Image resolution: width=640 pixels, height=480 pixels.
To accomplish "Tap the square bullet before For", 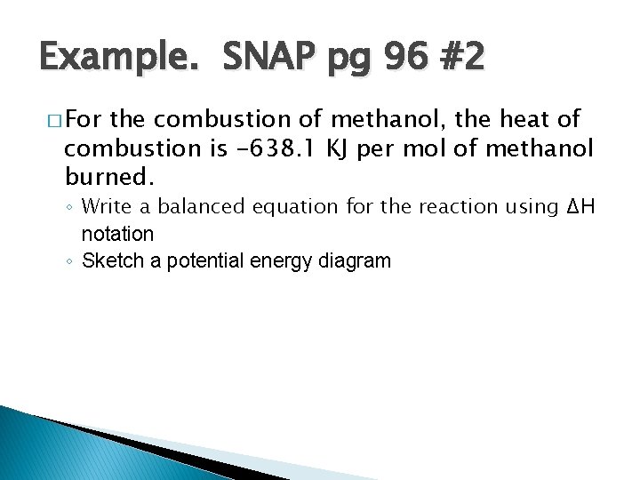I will [x=52, y=119].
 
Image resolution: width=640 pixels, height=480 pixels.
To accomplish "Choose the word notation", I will [x=117, y=234].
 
